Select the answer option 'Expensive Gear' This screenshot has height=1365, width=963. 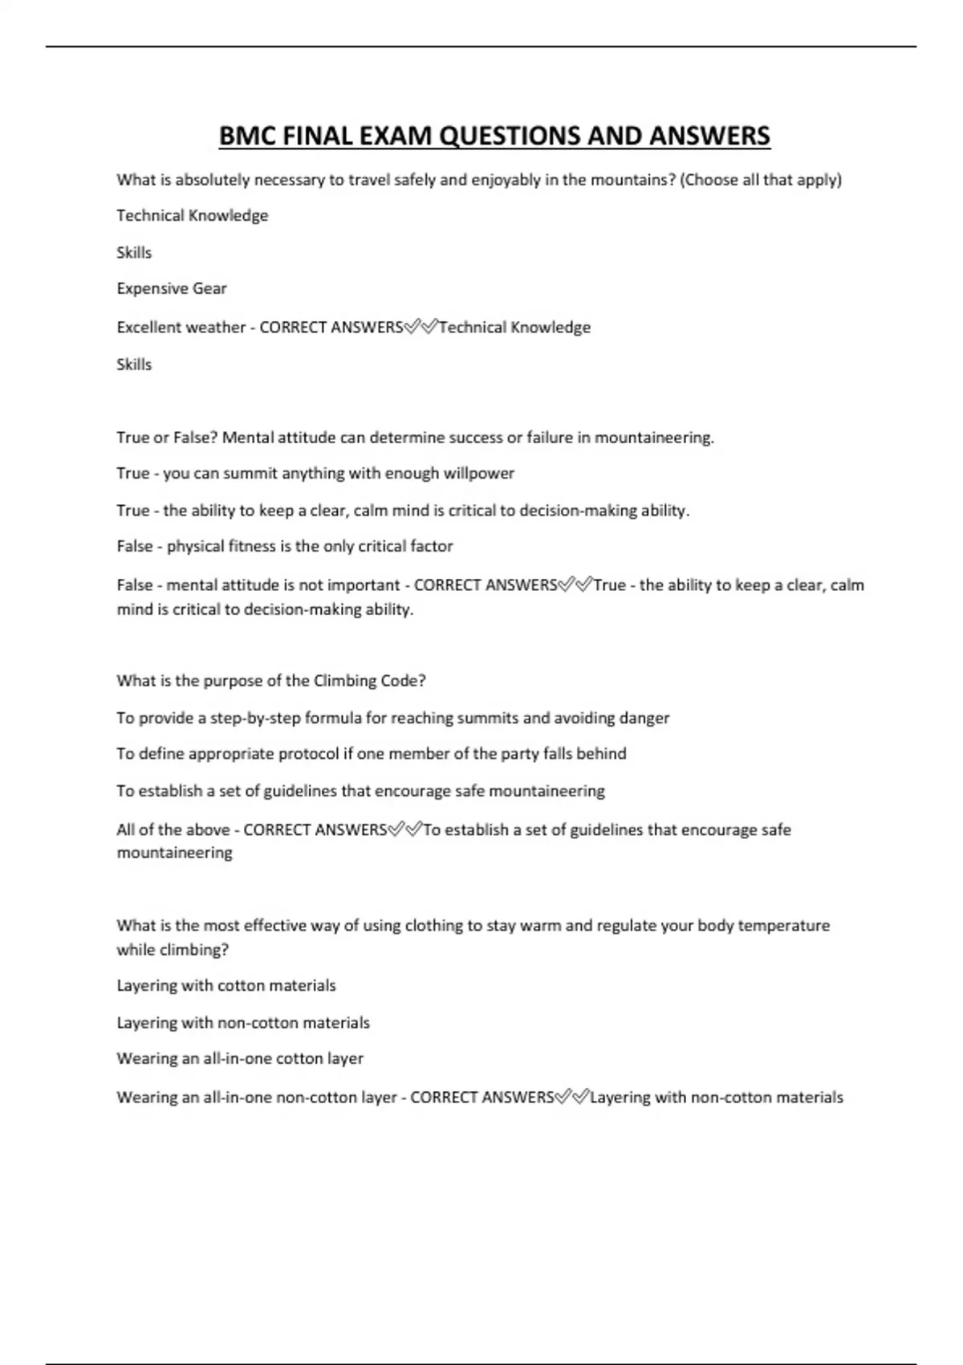[172, 288]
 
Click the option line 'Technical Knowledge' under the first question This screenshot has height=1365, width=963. [193, 215]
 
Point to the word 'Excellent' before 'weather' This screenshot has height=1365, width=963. [148, 327]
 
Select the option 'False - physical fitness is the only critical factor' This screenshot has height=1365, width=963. [285, 546]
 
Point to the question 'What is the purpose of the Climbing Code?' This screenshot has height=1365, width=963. [271, 681]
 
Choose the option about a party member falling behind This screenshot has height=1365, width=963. [372, 754]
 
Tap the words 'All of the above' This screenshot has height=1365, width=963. [173, 829]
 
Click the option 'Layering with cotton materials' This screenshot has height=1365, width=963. [226, 985]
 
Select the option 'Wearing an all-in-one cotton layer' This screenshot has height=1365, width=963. [240, 1058]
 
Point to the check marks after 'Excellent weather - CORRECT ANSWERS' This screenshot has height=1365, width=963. [421, 327]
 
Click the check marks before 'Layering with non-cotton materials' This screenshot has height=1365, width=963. [572, 1097]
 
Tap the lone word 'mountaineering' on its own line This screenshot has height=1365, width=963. [175, 853]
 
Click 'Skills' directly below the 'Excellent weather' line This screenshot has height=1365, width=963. [134, 365]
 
